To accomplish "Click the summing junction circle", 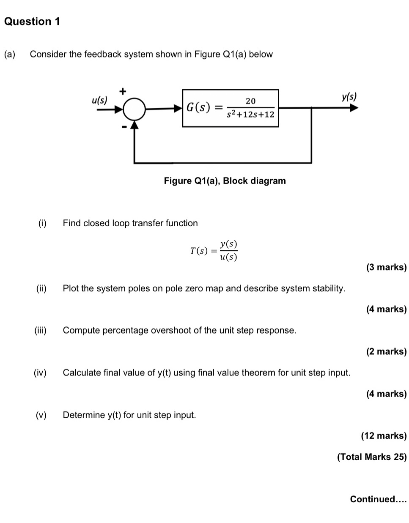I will (134, 109).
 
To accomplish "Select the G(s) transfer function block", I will (231, 108).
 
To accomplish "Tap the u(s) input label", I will (100, 100).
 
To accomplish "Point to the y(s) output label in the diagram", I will (349, 97).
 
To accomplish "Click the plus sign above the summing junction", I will (123, 91).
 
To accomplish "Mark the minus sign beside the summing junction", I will (124, 126).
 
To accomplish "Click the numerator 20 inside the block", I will (250, 101).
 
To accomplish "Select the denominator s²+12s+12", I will (250, 115).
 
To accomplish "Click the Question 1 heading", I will (32, 21).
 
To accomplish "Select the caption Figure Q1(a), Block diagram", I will (225, 181).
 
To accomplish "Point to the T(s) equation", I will (214, 251).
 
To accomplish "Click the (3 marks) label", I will (386, 267).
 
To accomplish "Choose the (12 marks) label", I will (384, 436).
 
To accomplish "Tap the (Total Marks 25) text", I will (371, 457).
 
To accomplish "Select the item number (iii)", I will (41, 331).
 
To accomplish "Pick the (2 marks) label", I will (386, 352).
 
